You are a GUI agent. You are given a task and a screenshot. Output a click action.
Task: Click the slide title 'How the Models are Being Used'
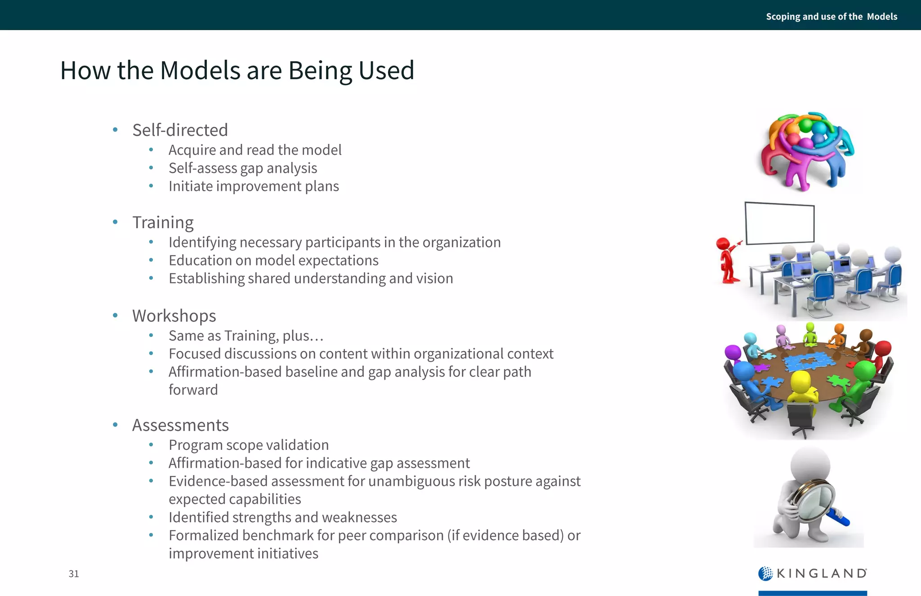(237, 71)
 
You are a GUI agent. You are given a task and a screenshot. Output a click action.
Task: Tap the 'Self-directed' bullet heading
(180, 130)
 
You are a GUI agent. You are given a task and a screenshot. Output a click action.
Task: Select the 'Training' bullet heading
(163, 222)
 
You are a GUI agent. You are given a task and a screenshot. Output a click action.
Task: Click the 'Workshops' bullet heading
(174, 316)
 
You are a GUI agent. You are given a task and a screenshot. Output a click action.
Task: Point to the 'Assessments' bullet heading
(180, 425)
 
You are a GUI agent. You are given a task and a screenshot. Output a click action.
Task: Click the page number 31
(74, 574)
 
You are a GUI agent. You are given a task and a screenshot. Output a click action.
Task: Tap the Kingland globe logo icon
(765, 574)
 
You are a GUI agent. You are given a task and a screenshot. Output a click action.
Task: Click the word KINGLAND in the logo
(822, 574)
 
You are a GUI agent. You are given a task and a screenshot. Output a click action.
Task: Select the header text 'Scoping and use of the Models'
(832, 17)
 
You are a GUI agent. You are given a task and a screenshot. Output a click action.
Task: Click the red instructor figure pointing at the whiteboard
(726, 261)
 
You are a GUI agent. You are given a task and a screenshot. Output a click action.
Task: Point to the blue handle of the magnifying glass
(839, 517)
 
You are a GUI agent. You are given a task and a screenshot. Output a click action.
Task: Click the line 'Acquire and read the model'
(255, 150)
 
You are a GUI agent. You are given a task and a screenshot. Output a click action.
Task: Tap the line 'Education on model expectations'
(273, 260)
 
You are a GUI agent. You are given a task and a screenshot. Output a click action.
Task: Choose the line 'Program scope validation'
(249, 445)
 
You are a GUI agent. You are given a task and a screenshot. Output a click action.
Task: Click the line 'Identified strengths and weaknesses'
(282, 517)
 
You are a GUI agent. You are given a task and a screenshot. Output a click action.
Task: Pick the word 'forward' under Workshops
(193, 390)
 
